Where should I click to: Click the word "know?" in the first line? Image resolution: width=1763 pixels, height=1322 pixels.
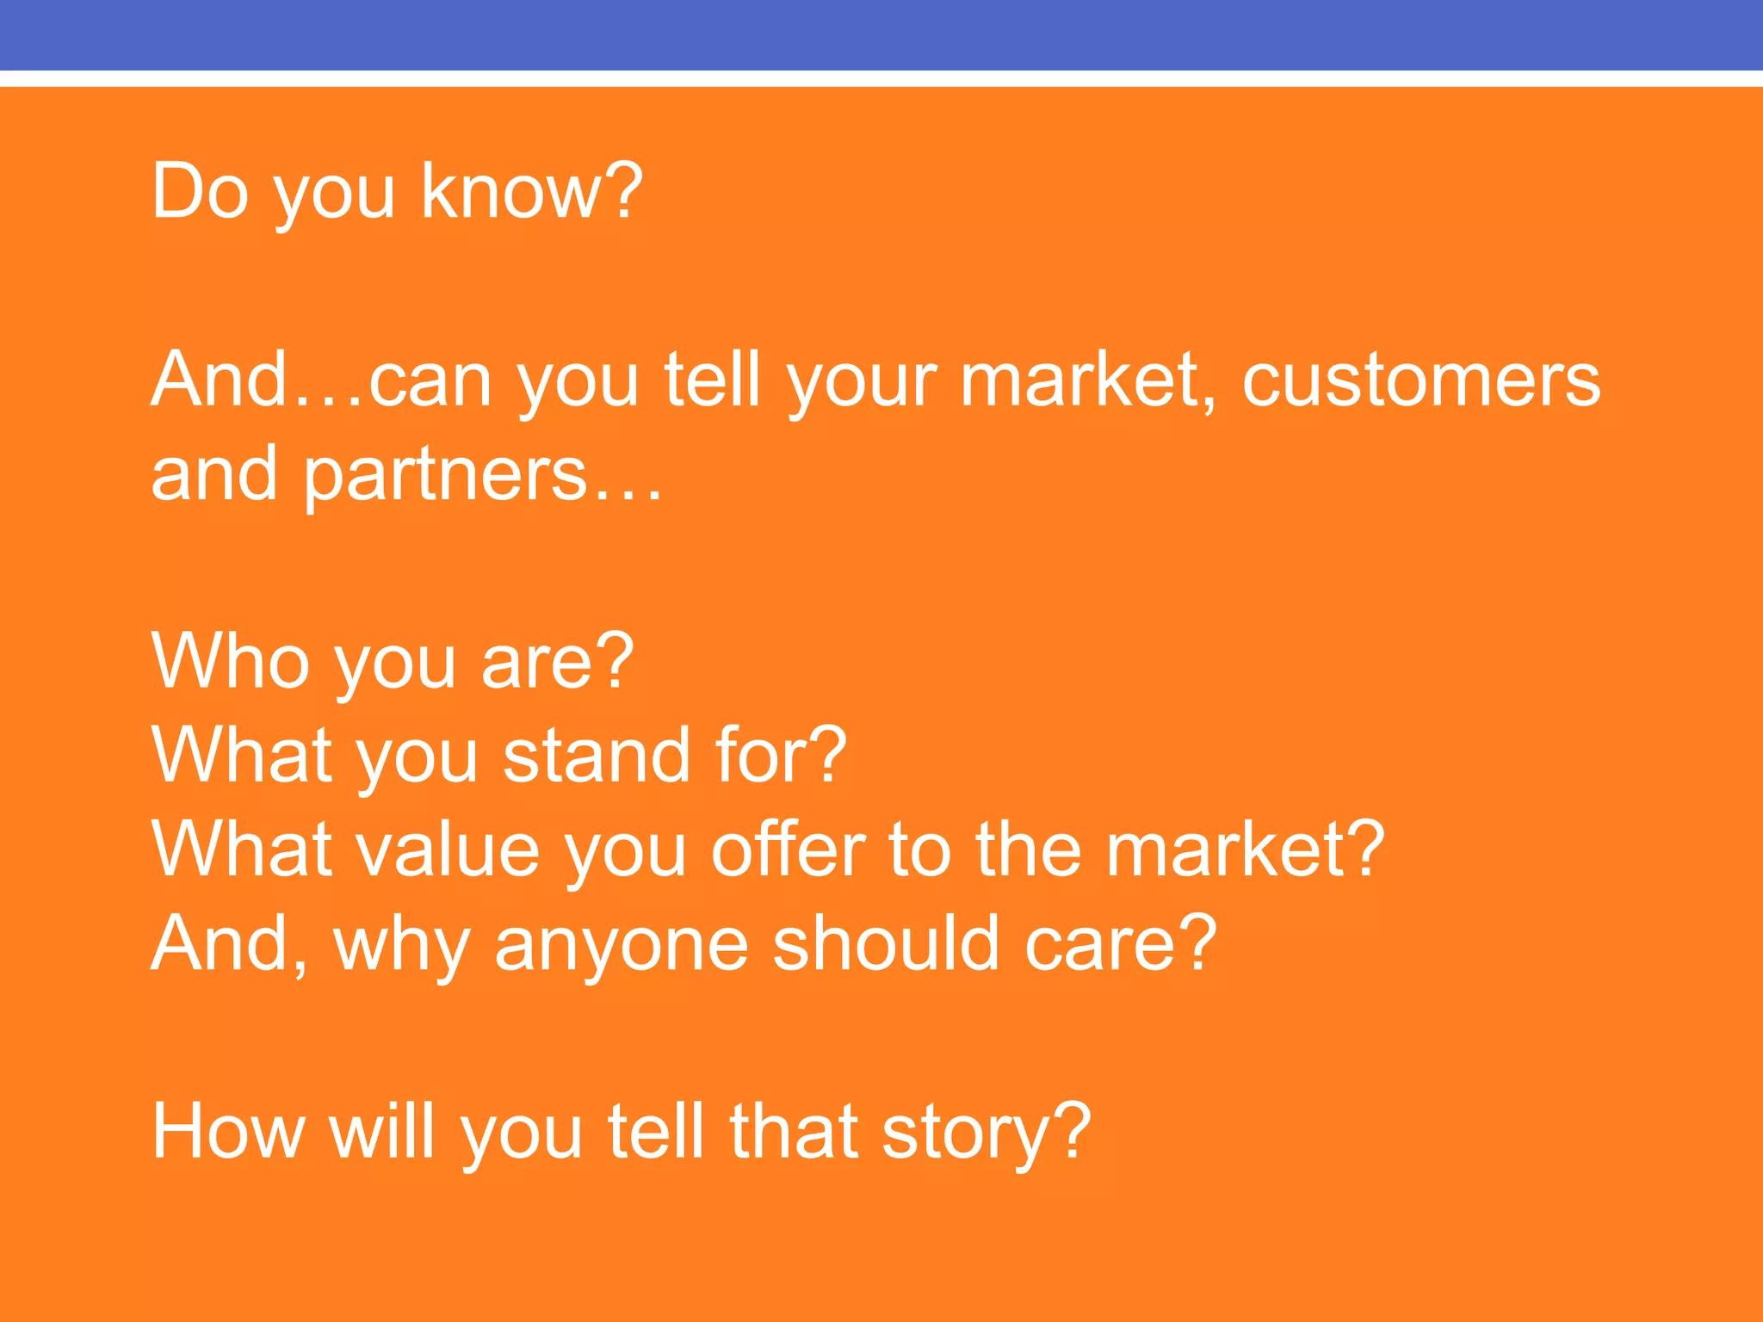[x=531, y=191]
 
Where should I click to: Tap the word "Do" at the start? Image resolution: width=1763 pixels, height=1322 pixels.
[x=200, y=191]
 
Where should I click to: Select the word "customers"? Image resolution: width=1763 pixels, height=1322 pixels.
[x=1420, y=380]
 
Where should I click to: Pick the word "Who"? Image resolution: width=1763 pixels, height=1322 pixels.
[x=231, y=661]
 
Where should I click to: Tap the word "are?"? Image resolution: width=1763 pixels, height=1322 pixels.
[x=557, y=661]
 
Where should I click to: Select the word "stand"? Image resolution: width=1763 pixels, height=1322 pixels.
[x=597, y=755]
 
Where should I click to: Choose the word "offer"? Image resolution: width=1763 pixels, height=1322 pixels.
[x=788, y=849]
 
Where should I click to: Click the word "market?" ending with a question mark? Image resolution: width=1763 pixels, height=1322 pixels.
[x=1245, y=849]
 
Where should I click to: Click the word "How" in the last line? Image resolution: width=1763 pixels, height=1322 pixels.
[x=227, y=1131]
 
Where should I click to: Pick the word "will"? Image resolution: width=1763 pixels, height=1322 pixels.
[x=381, y=1131]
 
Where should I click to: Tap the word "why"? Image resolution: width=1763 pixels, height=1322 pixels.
[x=401, y=944]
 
